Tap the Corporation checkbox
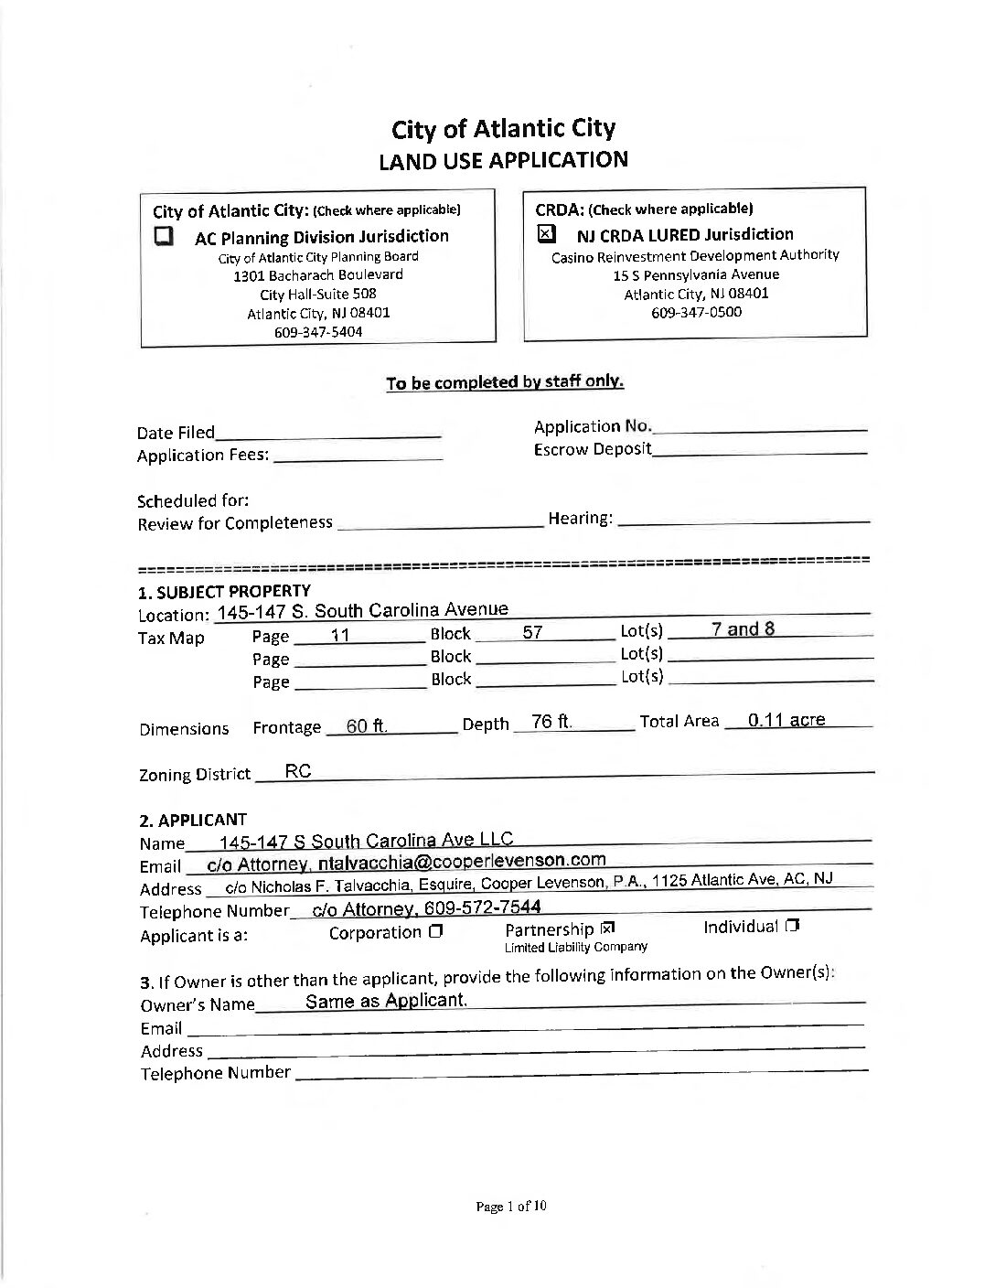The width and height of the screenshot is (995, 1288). click(435, 932)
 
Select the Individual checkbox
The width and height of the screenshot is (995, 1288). click(792, 927)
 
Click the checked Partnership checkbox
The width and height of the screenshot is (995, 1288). click(608, 929)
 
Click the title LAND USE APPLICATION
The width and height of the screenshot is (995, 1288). click(503, 160)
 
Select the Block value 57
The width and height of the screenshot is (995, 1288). click(532, 632)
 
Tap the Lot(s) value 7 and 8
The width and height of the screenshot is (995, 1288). click(743, 628)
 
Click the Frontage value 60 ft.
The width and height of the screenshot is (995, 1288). click(367, 726)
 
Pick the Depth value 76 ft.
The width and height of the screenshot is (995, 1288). click(551, 722)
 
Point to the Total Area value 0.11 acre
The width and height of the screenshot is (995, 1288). click(786, 720)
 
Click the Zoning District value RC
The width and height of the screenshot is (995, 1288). click(298, 771)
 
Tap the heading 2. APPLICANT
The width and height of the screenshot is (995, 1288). click(193, 820)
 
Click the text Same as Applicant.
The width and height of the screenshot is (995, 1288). click(386, 1000)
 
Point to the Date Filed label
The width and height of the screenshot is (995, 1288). click(176, 433)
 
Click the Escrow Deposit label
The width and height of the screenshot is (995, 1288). click(593, 449)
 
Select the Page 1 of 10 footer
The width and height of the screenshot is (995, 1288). click(510, 1207)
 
